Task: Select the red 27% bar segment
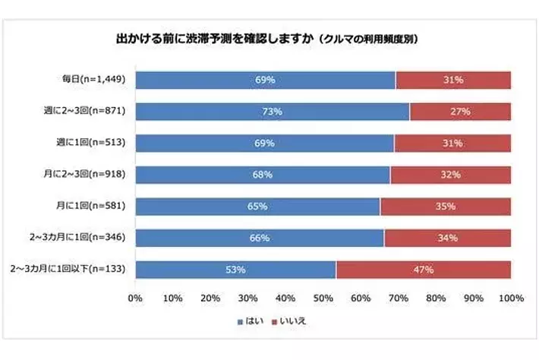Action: pyautogui.click(x=460, y=111)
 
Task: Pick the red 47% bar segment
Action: pyautogui.click(x=423, y=269)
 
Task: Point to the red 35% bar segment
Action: pyautogui.click(x=445, y=206)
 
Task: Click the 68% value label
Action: pyautogui.click(x=263, y=175)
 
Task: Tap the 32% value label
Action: pyautogui.click(x=450, y=175)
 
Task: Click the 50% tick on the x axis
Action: pyautogui.click(x=323, y=298)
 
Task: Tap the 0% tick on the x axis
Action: pyautogui.click(x=136, y=298)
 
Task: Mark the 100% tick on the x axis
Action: pyautogui.click(x=511, y=298)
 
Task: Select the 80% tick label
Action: pyautogui.click(x=436, y=298)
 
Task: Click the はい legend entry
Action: pyautogui.click(x=253, y=321)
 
